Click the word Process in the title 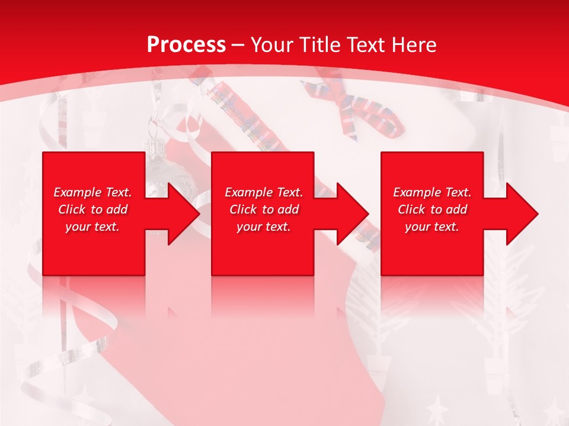[x=186, y=45]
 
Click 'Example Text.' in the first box [x=93, y=192]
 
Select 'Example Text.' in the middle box [x=264, y=192]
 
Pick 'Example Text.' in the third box [x=432, y=192]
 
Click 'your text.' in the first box [x=93, y=227]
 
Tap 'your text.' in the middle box [x=264, y=227]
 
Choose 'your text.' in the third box [x=432, y=227]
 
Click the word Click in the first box [x=72, y=209]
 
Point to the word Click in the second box [x=244, y=209]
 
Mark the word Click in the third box [x=412, y=209]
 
